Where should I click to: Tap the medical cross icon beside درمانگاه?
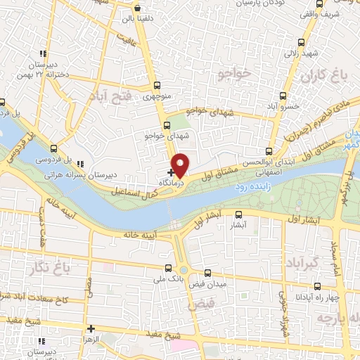(x=171, y=172)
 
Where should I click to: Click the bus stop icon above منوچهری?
(x=157, y=87)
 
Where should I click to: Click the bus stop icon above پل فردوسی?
(x=54, y=148)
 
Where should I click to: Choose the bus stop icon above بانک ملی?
(x=167, y=267)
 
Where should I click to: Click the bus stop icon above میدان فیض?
(x=207, y=273)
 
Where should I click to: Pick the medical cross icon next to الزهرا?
(x=91, y=328)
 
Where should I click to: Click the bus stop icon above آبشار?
(x=238, y=215)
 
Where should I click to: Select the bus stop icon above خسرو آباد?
(x=283, y=96)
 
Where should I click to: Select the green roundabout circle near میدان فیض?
(x=184, y=270)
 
